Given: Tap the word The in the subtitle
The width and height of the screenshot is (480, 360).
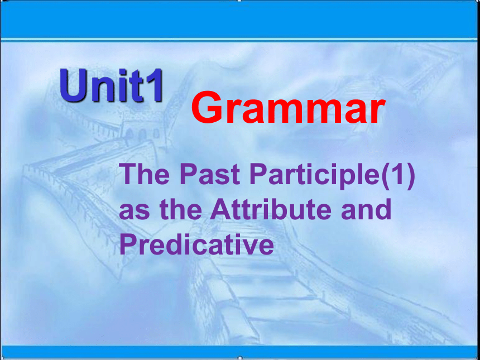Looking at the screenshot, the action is [144, 174].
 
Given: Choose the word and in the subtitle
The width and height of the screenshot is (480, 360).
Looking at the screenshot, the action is [366, 209].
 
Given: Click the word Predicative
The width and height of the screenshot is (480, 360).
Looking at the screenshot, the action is [196, 244].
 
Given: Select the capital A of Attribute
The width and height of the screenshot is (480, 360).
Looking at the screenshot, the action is [219, 210].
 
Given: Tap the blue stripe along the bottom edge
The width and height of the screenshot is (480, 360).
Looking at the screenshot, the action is [240, 352].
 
